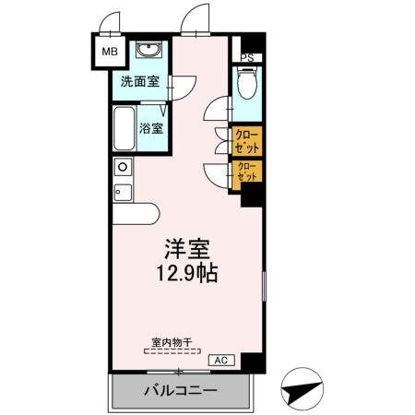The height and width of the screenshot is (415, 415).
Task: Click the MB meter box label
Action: coord(108,52)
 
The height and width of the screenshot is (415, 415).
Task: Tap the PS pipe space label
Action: coord(246,57)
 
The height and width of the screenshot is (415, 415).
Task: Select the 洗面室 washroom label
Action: coord(138,81)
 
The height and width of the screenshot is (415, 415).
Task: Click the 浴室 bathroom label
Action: coord(151,128)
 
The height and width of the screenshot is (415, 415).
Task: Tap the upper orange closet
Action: coord(246,141)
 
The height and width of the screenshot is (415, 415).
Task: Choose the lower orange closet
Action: coord(246,172)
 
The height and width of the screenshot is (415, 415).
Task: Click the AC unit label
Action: coord(220,359)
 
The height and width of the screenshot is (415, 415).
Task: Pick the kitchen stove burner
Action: coord(121,167)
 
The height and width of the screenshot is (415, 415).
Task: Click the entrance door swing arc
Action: coord(195,19)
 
